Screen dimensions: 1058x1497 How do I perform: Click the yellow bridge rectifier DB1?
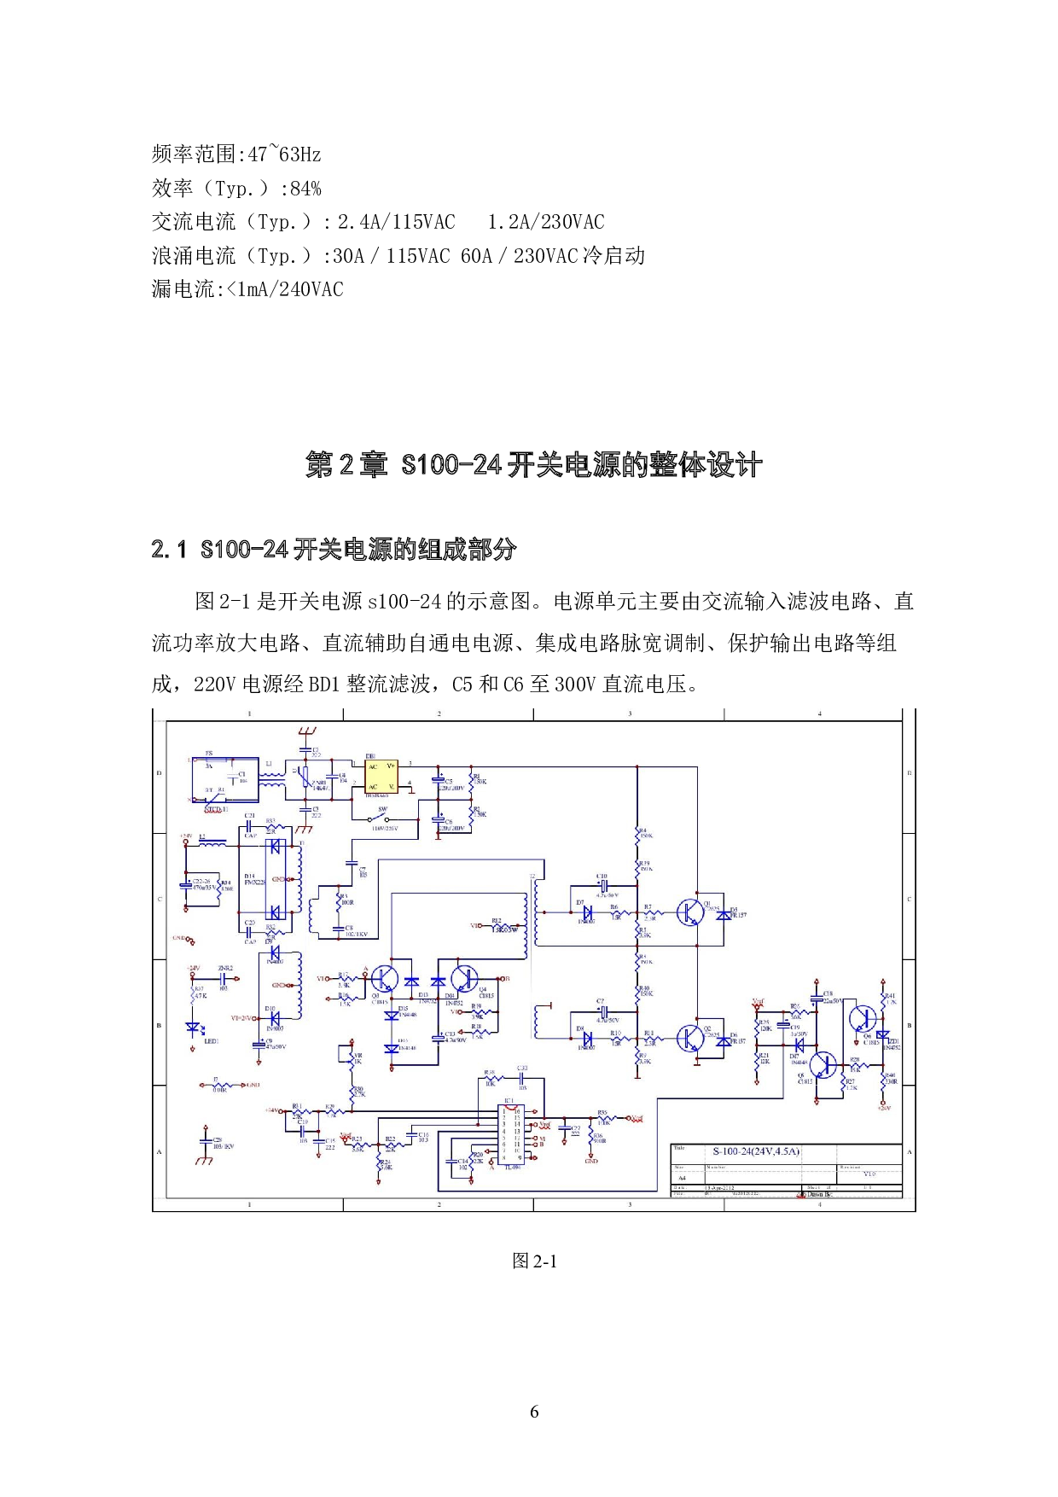pos(381,777)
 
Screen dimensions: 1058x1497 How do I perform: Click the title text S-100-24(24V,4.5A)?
pos(756,1151)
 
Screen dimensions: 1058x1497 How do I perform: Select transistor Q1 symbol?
pos(689,912)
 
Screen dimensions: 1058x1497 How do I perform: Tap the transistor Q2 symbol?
pos(689,1038)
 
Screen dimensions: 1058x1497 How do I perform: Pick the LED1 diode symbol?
pos(194,1028)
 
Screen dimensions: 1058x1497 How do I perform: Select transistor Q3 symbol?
pos(384,979)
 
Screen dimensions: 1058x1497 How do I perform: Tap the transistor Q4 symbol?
pos(465,979)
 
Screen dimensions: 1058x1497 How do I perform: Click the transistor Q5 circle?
pos(823,1065)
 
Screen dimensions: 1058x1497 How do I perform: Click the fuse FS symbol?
pos(208,761)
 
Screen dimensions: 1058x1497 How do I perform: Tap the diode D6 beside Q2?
pos(725,1041)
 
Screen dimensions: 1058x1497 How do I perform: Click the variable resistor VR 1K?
pos(351,1057)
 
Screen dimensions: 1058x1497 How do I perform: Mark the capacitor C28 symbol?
pos(205,1140)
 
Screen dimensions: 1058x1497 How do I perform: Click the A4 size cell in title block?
pos(682,1178)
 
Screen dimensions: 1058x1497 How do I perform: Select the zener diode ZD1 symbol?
pos(882,1035)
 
